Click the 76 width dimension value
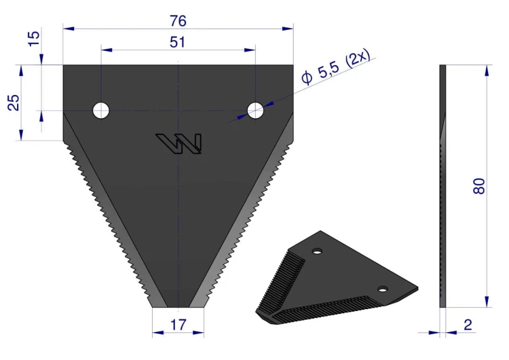[178, 21]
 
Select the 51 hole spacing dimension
[178, 42]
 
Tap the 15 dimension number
[34, 39]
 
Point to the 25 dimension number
[14, 103]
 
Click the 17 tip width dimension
[178, 325]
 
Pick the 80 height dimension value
[479, 186]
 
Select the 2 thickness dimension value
[468, 325]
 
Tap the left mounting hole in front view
[101, 111]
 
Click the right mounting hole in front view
[255, 111]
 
